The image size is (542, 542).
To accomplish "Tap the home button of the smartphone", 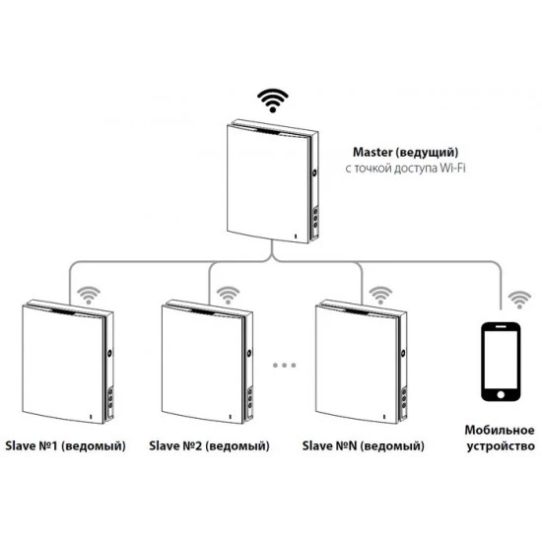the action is click(x=501, y=394).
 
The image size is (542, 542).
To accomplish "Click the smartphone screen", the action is click(x=501, y=360).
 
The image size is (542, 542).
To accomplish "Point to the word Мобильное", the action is click(x=500, y=430).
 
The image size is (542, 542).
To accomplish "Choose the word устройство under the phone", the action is click(x=501, y=445).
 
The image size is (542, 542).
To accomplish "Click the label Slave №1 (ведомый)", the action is click(x=66, y=445).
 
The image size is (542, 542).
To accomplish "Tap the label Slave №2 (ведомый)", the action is click(x=210, y=445).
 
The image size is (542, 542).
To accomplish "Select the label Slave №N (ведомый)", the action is click(x=364, y=445).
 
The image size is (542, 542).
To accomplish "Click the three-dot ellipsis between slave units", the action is click(x=284, y=365).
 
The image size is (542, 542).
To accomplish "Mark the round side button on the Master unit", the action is click(x=315, y=172).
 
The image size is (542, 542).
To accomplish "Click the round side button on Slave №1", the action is click(x=110, y=353).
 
